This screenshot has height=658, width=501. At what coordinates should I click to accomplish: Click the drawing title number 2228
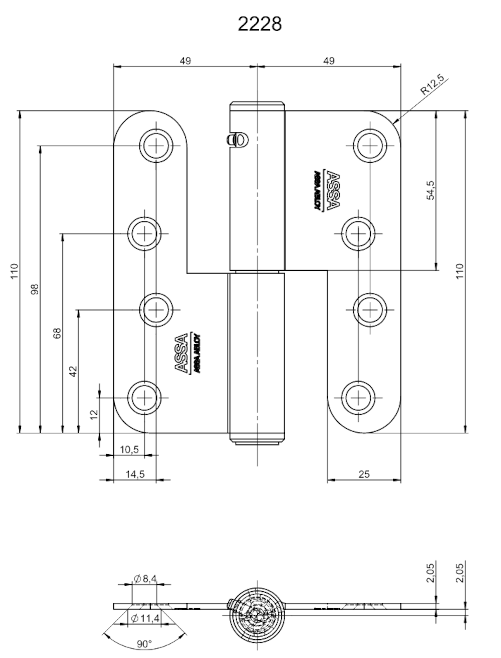pos(260,24)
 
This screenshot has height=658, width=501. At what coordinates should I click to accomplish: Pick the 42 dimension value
pos(73,371)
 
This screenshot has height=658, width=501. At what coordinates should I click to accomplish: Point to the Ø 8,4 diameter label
pos(145,579)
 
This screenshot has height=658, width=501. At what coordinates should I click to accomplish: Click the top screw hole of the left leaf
pos(156,146)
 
